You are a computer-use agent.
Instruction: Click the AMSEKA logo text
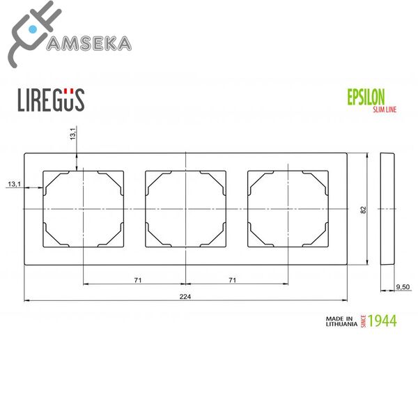pos(88,43)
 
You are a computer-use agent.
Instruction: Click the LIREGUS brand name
pos(50,100)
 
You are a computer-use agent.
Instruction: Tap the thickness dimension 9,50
pos(402,286)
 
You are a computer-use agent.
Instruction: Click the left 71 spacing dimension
pos(138,279)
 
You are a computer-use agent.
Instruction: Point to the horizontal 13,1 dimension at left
pos(15,184)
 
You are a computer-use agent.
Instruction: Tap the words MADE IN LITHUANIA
pos(341,321)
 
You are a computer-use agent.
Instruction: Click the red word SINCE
pos(363,321)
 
